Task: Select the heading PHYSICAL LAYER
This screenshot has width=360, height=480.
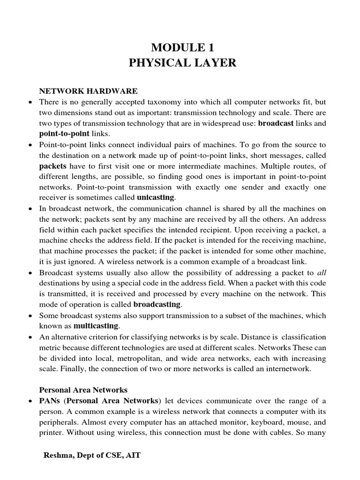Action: [182, 63]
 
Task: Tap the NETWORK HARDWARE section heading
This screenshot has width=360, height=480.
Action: [88, 91]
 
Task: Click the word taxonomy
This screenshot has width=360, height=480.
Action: [174, 102]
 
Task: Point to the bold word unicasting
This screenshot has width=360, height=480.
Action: [155, 197]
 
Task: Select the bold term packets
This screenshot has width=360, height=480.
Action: [52, 166]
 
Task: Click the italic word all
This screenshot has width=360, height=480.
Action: [321, 272]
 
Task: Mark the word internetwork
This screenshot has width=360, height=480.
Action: [287, 369]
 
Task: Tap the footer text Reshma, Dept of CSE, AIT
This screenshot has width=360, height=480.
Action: [92, 455]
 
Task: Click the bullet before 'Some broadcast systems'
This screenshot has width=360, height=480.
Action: [30, 315]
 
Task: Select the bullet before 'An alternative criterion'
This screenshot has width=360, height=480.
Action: [30, 337]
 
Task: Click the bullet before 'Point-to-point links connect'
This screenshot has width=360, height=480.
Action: [30, 144]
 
